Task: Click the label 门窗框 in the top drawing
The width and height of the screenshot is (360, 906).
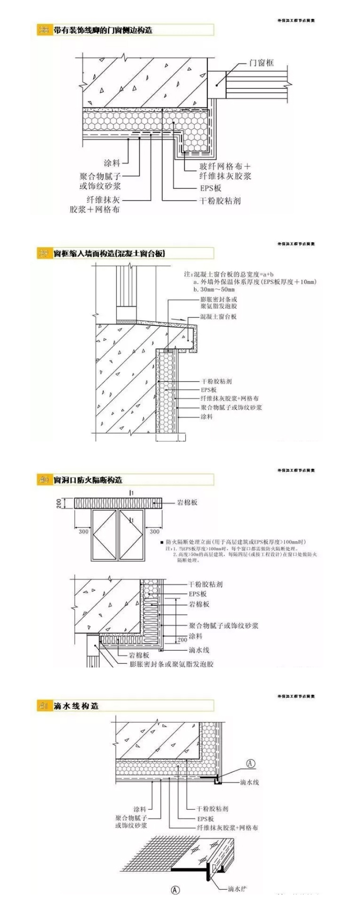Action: [x=261, y=63]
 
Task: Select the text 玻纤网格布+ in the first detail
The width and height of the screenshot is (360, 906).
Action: [x=224, y=166]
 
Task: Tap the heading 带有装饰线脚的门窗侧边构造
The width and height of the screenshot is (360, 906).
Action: [x=103, y=30]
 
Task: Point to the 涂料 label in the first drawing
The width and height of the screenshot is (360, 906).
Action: [x=112, y=163]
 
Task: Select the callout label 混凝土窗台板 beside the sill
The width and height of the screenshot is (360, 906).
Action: [x=218, y=317]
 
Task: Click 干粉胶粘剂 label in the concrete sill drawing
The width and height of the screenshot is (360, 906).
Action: [x=216, y=382]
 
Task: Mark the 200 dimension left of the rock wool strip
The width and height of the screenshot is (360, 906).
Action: [x=59, y=503]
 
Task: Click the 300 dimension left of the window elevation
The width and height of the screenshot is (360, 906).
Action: [x=83, y=531]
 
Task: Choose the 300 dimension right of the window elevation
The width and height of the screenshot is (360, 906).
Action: [x=154, y=531]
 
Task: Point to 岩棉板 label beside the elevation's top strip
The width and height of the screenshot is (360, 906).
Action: [x=187, y=503]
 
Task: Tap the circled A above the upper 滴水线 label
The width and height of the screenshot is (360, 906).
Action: [x=251, y=763]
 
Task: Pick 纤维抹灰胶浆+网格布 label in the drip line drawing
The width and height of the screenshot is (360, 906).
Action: [x=227, y=828]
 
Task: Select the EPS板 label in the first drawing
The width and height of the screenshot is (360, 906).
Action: [x=210, y=188]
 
